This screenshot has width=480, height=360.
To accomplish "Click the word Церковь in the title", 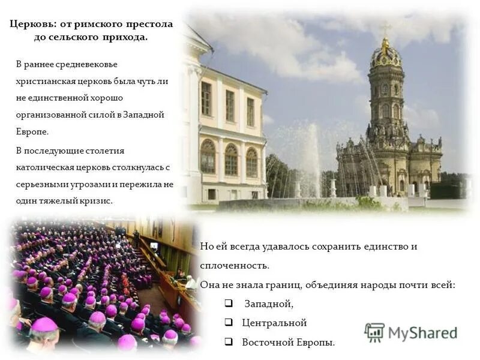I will click(x=32, y=24).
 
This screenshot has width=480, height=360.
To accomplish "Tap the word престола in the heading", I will click(x=148, y=24).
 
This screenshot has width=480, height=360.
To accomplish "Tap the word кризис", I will click(x=98, y=201).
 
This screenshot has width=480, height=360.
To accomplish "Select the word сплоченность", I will click(x=235, y=265).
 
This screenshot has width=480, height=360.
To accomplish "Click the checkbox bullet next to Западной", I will click(x=229, y=304).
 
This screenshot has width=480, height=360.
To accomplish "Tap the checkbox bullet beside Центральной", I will click(x=229, y=323).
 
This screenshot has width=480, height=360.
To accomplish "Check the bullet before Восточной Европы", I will click(x=229, y=342).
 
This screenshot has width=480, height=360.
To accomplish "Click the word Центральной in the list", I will click(x=274, y=323).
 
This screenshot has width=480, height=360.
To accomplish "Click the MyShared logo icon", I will click(x=374, y=332).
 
